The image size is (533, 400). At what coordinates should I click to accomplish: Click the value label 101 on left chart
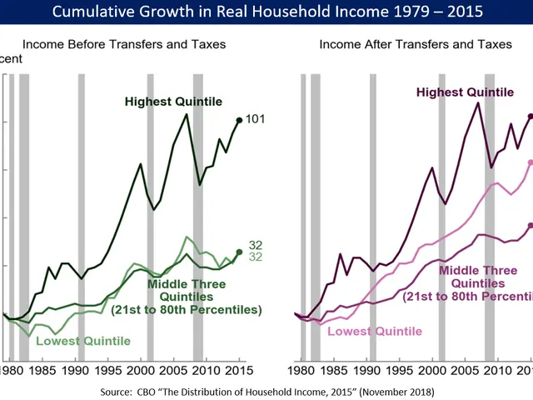coord(256,120)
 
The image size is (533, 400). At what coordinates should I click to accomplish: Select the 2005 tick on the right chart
coord(466,370)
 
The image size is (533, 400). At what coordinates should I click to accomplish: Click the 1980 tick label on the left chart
coord(12,370)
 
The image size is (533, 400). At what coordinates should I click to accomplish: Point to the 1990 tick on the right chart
coord(368,370)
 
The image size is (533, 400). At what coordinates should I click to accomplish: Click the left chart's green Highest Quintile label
coord(173,102)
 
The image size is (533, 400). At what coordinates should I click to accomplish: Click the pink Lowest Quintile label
coord(376,331)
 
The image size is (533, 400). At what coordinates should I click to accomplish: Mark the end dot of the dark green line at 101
coord(240,121)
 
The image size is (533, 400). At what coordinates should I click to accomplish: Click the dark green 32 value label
coord(256,244)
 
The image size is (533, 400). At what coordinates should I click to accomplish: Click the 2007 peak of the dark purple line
coord(478,102)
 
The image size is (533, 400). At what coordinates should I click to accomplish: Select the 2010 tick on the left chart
coord(205,370)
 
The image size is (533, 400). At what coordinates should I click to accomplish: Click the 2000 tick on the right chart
coord(433,370)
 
